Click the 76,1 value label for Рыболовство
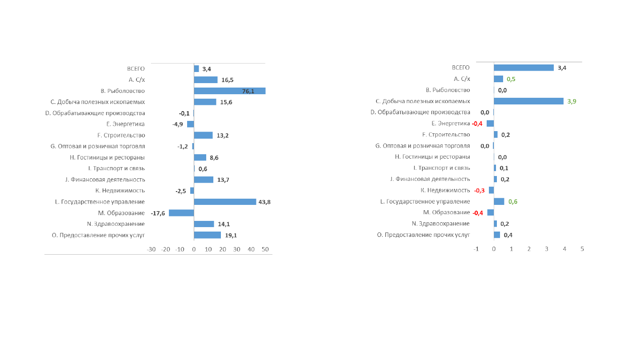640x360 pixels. point(248,91)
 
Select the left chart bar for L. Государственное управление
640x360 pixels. point(225,202)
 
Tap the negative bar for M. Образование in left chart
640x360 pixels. point(181,213)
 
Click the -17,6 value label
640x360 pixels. point(158,213)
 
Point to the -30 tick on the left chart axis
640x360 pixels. point(151,249)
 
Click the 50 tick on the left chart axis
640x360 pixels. point(265,249)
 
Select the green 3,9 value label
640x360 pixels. point(572,101)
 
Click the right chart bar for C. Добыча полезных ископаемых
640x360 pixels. point(528,101)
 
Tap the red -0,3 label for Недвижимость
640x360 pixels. point(479,191)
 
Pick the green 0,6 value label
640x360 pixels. point(513,202)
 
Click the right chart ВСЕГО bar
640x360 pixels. point(524,68)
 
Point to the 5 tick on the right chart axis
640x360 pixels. point(582,249)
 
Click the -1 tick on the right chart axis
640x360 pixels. point(476,249)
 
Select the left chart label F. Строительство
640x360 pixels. point(121,135)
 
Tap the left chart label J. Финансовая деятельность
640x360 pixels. point(105,180)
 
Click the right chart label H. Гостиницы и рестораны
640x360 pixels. point(432,157)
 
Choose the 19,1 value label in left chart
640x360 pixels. point(231,236)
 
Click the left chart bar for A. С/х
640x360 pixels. point(206,80)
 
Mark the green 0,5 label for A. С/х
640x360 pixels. point(511,79)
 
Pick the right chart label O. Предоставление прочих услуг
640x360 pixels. point(424,235)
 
